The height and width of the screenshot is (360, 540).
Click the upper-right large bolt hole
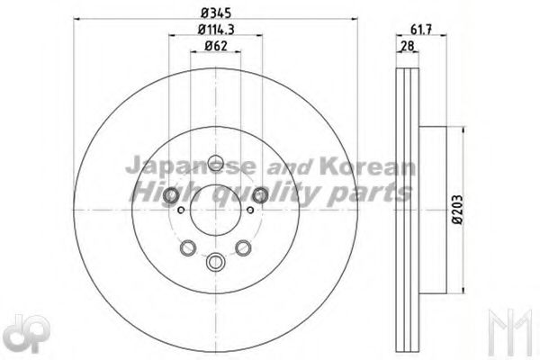[x=260, y=195]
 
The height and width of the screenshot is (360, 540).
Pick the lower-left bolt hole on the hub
[x=187, y=248]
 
